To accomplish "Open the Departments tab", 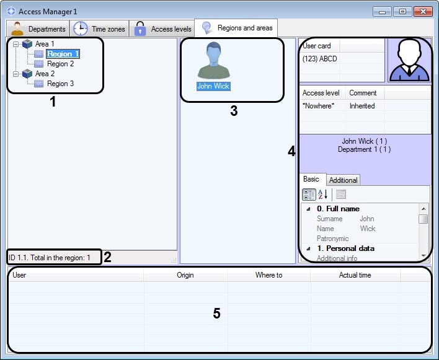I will (x=38, y=29).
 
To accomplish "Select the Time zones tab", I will (x=100, y=29).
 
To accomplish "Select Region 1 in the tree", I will (x=63, y=54).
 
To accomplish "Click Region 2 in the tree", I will (x=60, y=64).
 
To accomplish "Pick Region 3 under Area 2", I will (x=60, y=84).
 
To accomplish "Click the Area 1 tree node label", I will (x=45, y=44).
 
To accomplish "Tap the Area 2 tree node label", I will (x=45, y=74).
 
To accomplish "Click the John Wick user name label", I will (x=213, y=87).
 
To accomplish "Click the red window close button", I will (x=423, y=12).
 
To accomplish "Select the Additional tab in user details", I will (x=343, y=180).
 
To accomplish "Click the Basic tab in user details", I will (x=311, y=180).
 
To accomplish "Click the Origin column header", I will (x=185, y=275).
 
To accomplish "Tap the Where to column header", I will (x=268, y=275).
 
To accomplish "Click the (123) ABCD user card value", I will (x=319, y=59).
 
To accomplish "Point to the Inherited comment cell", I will (x=362, y=106).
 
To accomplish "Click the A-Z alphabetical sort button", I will (x=323, y=194).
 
